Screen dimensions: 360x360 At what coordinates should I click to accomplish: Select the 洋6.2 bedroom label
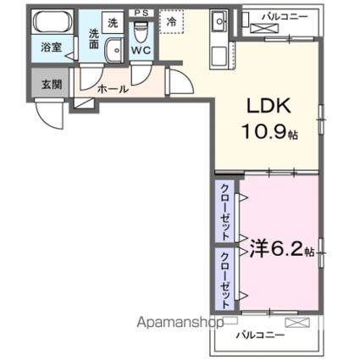271,251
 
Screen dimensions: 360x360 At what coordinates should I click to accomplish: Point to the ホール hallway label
113,88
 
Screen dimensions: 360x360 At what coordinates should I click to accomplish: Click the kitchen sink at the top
217,21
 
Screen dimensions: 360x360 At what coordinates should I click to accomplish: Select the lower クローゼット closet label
224,275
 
